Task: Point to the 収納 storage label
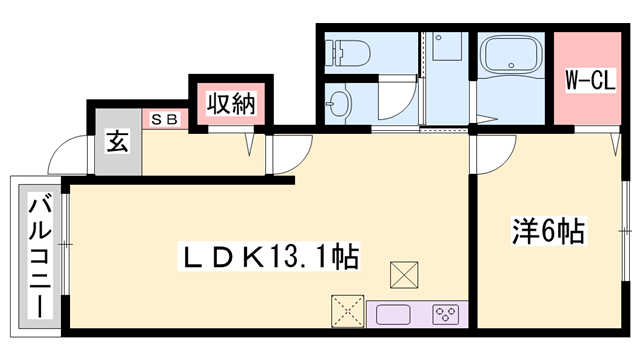(229, 102)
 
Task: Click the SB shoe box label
(164, 119)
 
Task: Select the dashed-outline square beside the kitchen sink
(345, 310)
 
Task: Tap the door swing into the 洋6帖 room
(492, 155)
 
